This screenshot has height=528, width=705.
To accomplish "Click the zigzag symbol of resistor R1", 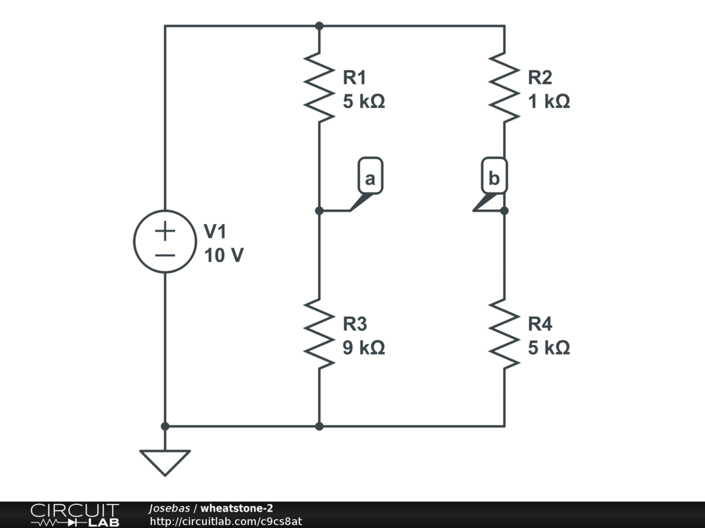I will coord(319,88).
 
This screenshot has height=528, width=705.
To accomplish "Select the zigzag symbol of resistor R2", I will coord(504,88).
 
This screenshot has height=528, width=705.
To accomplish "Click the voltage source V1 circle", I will coord(165,241).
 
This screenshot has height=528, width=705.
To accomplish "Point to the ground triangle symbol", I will coord(165,461).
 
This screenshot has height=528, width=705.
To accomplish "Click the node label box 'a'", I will coord(370,178).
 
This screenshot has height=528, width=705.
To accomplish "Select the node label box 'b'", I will coord(494,178).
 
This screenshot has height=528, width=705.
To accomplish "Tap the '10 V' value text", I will coord(224,256).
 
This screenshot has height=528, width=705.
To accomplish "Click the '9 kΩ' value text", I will coord(364,348).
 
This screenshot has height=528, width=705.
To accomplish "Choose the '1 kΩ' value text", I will coord(549,102).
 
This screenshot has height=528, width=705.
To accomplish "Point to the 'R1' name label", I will coord(355,77).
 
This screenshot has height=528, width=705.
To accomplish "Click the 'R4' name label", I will coord(540,324).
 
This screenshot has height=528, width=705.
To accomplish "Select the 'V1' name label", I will coord(215,232).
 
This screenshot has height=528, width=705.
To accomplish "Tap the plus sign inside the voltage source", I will coord(165,230).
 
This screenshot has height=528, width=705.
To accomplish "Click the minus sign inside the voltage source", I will coord(165,254).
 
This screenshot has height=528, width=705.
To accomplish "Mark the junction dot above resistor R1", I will coord(319,26).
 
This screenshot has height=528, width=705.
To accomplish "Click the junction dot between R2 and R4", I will coord(504,210).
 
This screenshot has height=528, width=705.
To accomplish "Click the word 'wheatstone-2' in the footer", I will coord(236,508).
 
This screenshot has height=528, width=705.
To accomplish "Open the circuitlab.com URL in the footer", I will coord(226,521).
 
